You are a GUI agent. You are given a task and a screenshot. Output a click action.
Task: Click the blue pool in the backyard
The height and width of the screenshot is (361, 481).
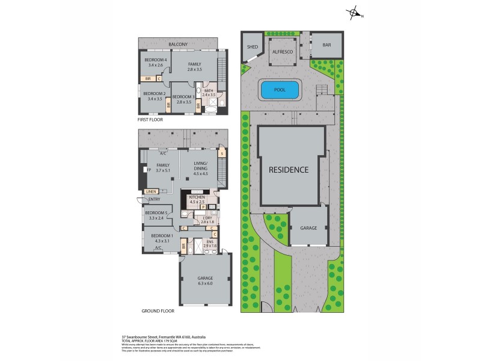pos(280,90)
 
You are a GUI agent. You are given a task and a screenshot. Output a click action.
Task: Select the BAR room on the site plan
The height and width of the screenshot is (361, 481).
pos(326,45)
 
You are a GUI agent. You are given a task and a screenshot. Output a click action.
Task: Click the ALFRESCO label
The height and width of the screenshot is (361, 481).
pos(283,53)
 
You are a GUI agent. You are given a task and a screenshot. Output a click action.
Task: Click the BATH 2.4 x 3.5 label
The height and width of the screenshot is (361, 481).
pos(209,93)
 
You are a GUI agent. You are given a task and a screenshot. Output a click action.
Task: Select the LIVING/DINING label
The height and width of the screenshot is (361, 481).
pos(200,168)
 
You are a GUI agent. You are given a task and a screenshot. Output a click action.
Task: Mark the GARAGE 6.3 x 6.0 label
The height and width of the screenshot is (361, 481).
pos(206,280)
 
